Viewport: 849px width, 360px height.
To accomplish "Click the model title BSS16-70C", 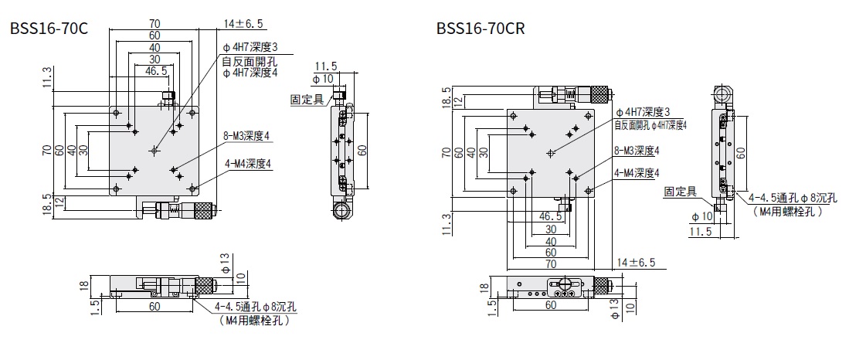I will point(48,29).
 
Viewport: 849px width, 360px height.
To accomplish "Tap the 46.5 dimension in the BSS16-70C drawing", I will point(156,70).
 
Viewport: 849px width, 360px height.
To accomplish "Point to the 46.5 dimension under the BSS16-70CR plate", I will point(550,216).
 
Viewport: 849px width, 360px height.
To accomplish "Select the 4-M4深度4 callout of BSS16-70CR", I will point(640,173).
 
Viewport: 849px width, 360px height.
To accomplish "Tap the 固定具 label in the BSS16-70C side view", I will point(307,99).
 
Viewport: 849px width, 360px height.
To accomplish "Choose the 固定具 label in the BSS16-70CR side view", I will point(681,191).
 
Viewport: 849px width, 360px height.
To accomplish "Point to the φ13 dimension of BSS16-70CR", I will point(615,310).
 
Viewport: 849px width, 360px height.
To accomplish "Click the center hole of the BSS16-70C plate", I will point(155,149).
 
